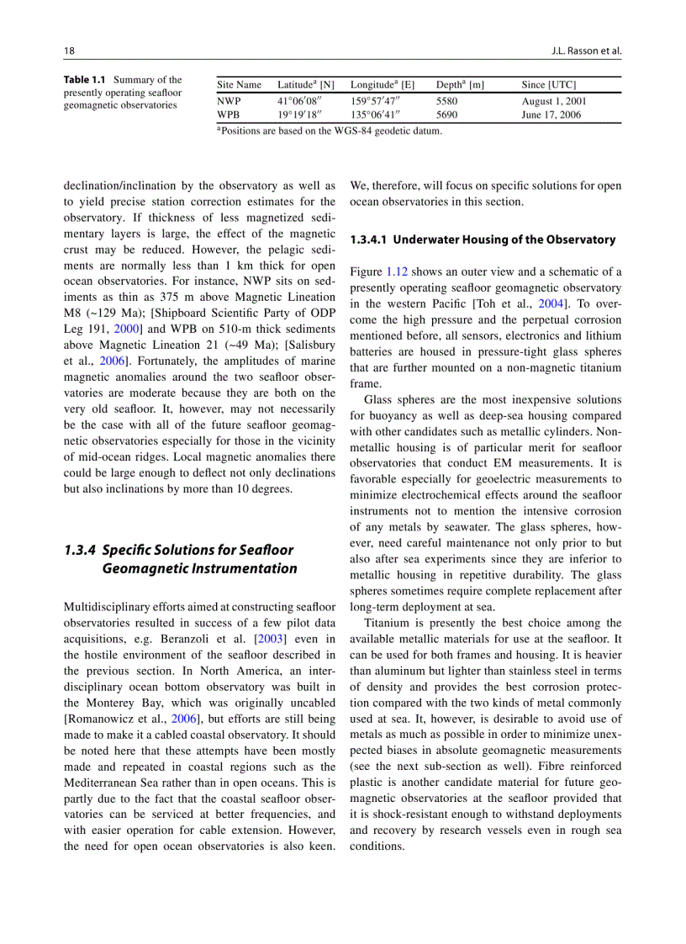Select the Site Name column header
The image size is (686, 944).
(x=239, y=85)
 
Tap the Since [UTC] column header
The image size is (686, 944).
(x=548, y=85)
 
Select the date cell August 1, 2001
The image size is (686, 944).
(x=554, y=101)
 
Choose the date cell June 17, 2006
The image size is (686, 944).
(x=551, y=115)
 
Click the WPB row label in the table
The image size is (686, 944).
(x=228, y=115)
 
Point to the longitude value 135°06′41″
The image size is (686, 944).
(x=376, y=115)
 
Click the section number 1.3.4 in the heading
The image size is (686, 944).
(x=81, y=550)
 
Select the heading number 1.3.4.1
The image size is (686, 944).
(x=370, y=240)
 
